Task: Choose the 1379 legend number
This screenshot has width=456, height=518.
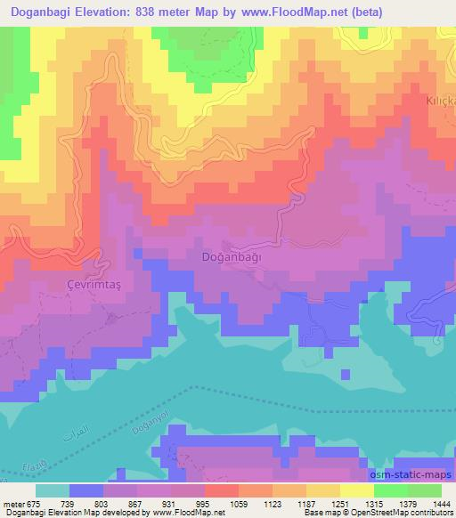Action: pyautogui.click(x=384, y=503)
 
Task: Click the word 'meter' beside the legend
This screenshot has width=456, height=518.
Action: pyautogui.click(x=12, y=503)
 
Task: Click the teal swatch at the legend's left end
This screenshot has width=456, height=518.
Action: pyautogui.click(x=52, y=490)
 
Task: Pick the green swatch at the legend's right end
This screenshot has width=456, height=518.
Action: pyautogui.click(x=424, y=490)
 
